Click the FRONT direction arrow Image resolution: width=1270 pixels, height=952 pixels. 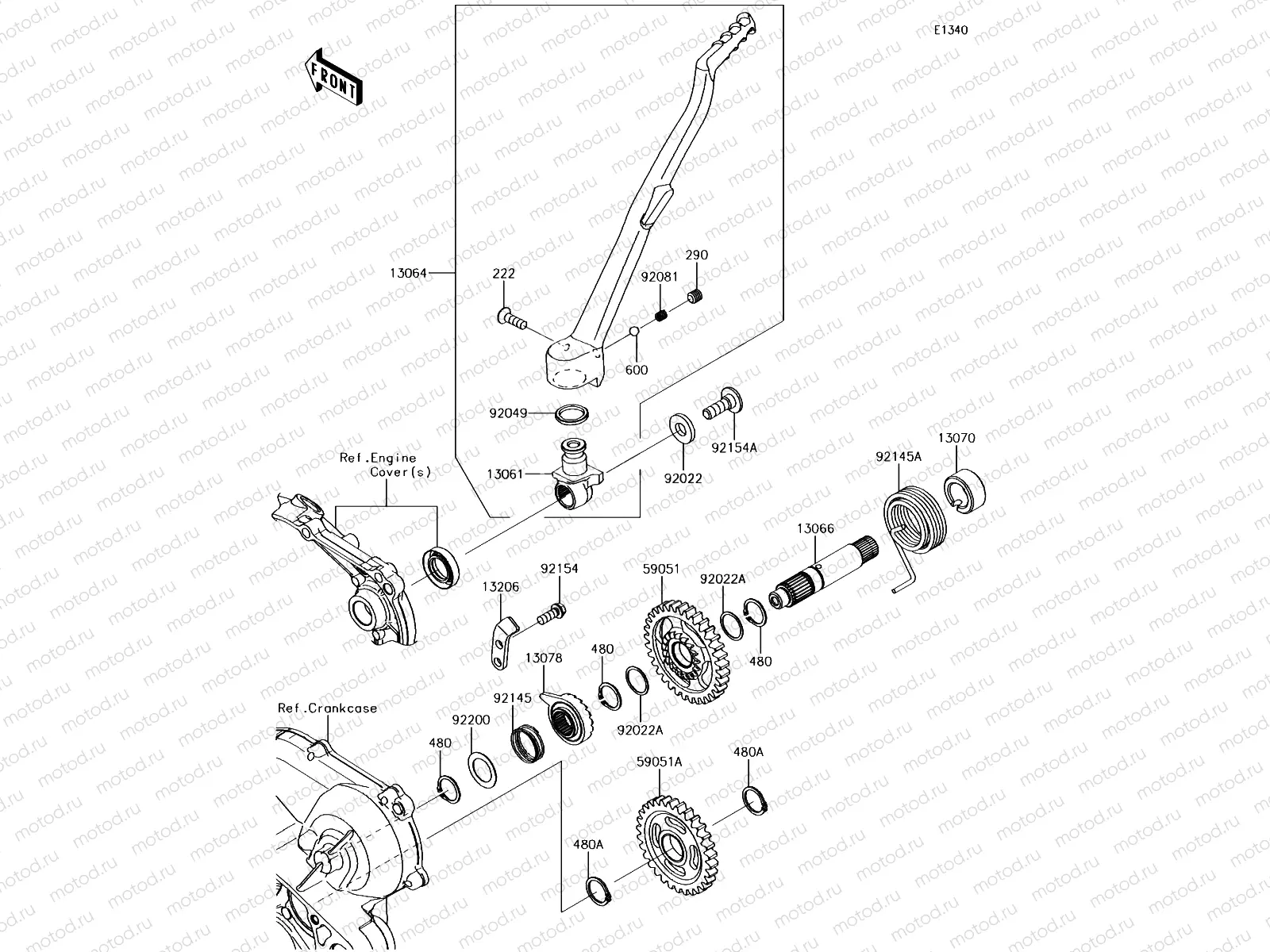(x=333, y=77)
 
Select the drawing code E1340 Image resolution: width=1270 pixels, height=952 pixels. (x=950, y=30)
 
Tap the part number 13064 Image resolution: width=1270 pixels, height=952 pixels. (x=408, y=274)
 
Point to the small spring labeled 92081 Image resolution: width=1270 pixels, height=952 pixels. (x=661, y=316)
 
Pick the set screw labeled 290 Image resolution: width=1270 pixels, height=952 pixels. (x=695, y=298)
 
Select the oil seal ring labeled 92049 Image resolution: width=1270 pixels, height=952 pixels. (x=572, y=413)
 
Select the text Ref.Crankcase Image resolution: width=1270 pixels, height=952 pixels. (x=328, y=708)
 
